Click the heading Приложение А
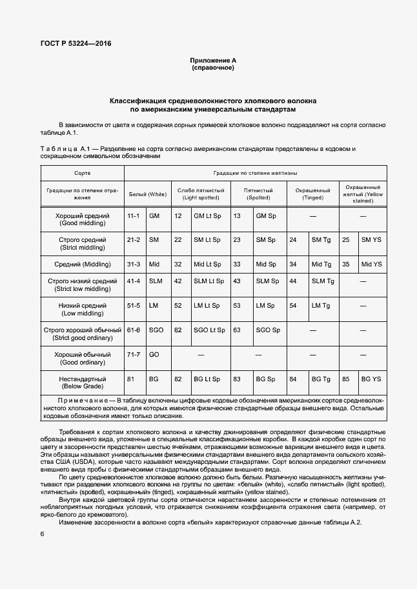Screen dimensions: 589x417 (212, 60)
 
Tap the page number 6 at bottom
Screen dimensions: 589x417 (42, 534)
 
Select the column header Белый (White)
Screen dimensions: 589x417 (148, 194)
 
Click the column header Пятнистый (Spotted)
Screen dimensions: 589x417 (258, 194)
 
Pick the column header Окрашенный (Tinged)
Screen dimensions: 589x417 (312, 194)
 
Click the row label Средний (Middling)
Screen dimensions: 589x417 (83, 265)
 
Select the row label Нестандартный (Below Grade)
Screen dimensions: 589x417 (83, 383)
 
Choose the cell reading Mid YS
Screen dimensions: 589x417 (371, 265)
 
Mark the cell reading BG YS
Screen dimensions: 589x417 (371, 379)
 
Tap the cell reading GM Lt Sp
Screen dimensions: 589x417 (207, 216)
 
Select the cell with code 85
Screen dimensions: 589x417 (345, 379)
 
